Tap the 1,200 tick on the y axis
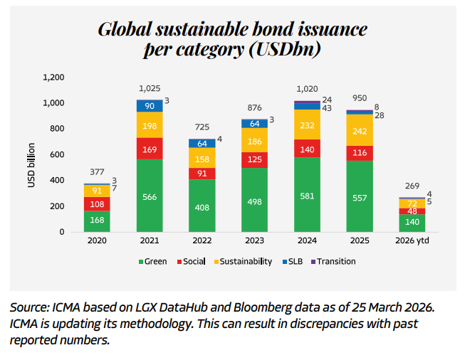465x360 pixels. click(x=54, y=77)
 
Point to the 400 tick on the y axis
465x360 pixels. click(x=58, y=180)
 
